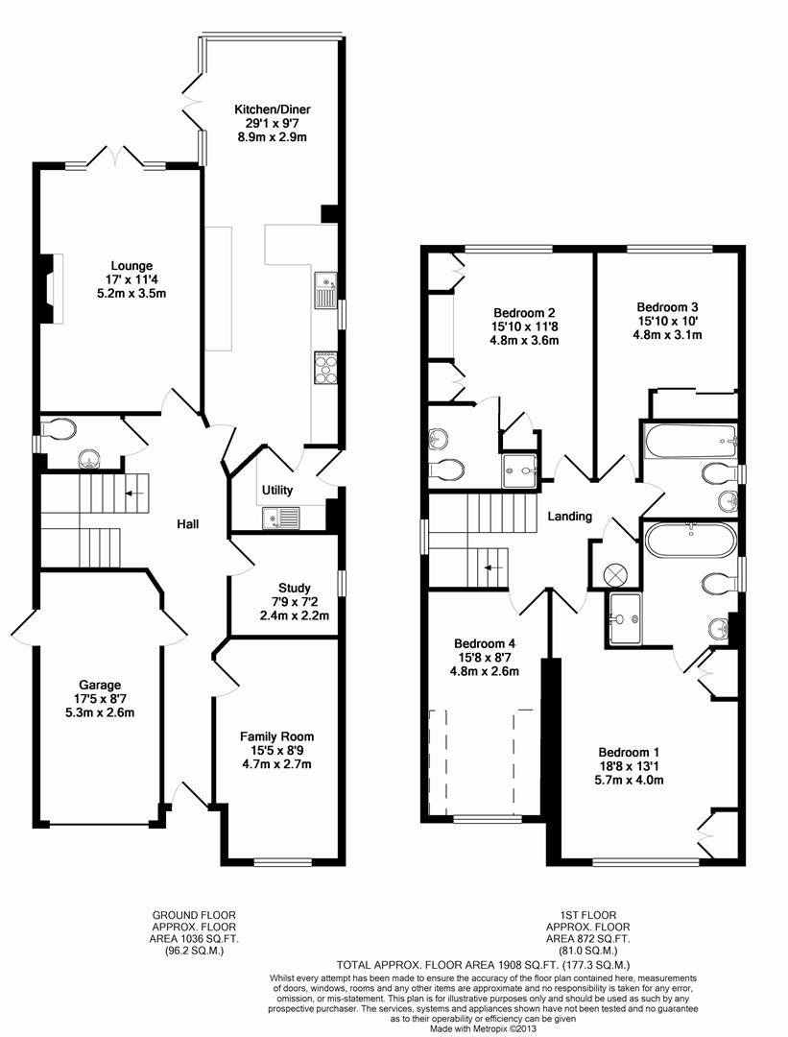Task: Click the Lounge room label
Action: pos(131,267)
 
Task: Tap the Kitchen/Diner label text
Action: pos(273,109)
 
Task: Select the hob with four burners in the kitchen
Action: pos(325,367)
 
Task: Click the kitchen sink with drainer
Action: pos(325,290)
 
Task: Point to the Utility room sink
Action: pos(281,518)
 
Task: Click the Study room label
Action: pos(294,588)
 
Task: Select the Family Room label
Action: pos(277,736)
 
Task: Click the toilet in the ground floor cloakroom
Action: pos(57,430)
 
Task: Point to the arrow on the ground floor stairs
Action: pos(135,493)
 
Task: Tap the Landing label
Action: pos(570,517)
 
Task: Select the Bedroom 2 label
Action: pos(524,313)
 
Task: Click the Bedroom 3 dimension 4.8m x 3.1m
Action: pos(668,335)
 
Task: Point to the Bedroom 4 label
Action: pos(485,643)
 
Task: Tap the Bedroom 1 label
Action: pos(629,752)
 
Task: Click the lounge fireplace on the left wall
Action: pos(51,288)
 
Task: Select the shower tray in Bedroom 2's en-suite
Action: pos(520,470)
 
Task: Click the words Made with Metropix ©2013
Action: pos(483,1029)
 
